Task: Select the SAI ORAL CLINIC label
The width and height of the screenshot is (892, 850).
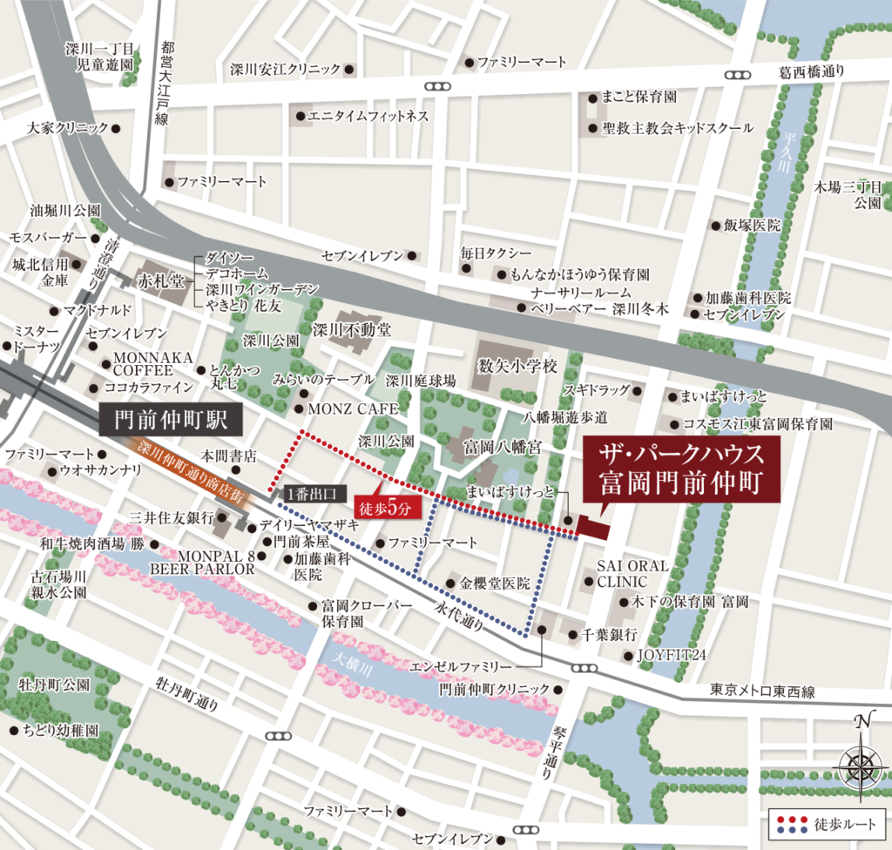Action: (632, 573)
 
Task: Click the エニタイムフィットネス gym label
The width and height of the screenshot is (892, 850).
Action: (368, 116)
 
